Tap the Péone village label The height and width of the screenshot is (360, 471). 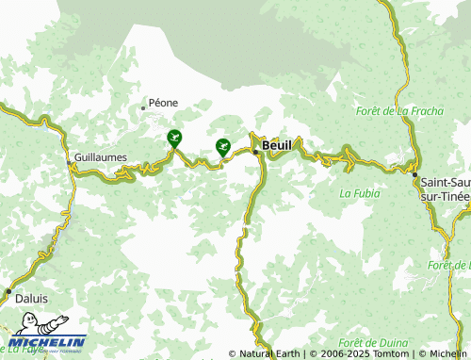[162, 103]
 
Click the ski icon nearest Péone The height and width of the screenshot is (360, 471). [174, 139]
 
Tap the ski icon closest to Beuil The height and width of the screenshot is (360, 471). [222, 146]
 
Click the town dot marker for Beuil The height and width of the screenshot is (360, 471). [255, 150]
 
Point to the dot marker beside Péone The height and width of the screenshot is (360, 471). [143, 107]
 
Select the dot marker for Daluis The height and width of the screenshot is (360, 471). [8, 291]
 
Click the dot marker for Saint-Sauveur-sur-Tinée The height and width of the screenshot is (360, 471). [414, 174]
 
